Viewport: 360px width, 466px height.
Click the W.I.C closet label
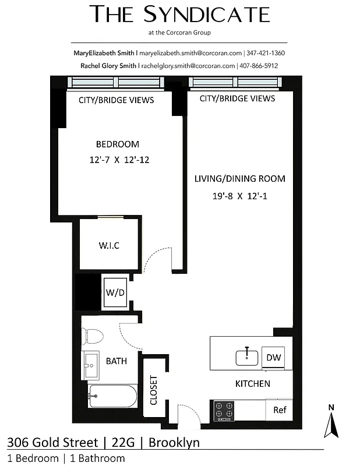108,245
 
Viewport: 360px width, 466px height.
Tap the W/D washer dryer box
115,292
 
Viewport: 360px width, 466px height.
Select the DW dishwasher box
272,357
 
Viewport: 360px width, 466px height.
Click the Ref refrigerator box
280,409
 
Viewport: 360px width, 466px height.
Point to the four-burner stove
225,410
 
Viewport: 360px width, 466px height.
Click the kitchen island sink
248,356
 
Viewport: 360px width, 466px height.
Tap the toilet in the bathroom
92,336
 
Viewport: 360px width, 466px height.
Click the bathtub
112,397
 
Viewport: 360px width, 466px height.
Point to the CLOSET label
154,390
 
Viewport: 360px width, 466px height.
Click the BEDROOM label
118,144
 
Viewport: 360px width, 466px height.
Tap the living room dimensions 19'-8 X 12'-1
239,196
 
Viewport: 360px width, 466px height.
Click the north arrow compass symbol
331,424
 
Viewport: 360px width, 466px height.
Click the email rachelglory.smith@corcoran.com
188,66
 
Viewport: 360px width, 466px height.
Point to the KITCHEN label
252,383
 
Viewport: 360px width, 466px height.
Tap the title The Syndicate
180,15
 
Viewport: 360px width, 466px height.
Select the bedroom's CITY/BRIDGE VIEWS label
117,100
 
